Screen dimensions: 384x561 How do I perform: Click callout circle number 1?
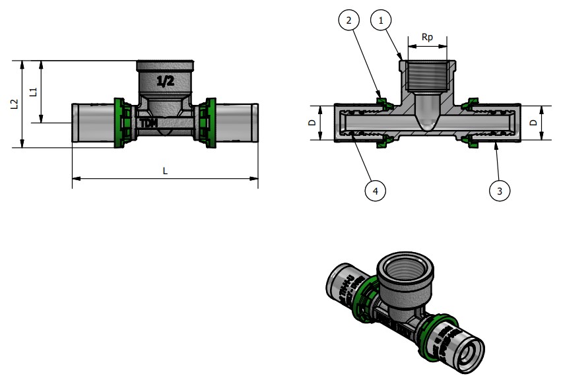pos(380,20)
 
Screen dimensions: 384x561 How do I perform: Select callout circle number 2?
pos(348,20)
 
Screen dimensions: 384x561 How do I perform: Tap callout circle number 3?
pos(500,191)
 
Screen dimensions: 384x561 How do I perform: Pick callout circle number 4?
pos(375,191)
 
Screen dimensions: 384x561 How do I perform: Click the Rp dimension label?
pos(428,38)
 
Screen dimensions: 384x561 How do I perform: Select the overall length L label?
pos(165,170)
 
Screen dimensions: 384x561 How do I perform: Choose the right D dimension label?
pos(533,122)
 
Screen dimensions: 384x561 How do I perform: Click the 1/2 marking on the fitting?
pos(165,82)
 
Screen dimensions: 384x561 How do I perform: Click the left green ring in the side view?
pos(119,123)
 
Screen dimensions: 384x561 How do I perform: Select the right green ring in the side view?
pos(211,123)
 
